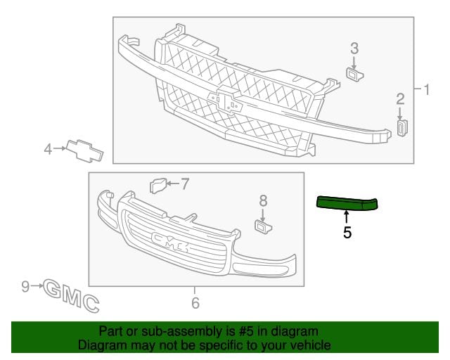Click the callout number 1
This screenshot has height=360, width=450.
(427, 89)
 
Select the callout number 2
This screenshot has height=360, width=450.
(400, 99)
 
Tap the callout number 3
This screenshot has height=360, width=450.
(354, 49)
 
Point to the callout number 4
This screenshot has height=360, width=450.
(48, 149)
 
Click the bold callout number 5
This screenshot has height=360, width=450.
(347, 233)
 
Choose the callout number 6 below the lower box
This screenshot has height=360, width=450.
(195, 303)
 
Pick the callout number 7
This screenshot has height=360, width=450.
(185, 184)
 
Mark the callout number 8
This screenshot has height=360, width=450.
(263, 200)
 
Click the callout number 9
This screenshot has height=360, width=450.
(25, 286)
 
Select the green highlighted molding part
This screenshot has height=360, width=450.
(347, 202)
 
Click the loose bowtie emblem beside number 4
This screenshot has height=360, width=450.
(84, 151)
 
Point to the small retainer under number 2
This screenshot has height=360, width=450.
(402, 128)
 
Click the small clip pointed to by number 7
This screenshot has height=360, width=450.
(158, 185)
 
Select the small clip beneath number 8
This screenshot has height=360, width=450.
(263, 226)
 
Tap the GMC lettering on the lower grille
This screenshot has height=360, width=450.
(170, 241)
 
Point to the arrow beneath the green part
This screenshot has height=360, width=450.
(347, 217)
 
